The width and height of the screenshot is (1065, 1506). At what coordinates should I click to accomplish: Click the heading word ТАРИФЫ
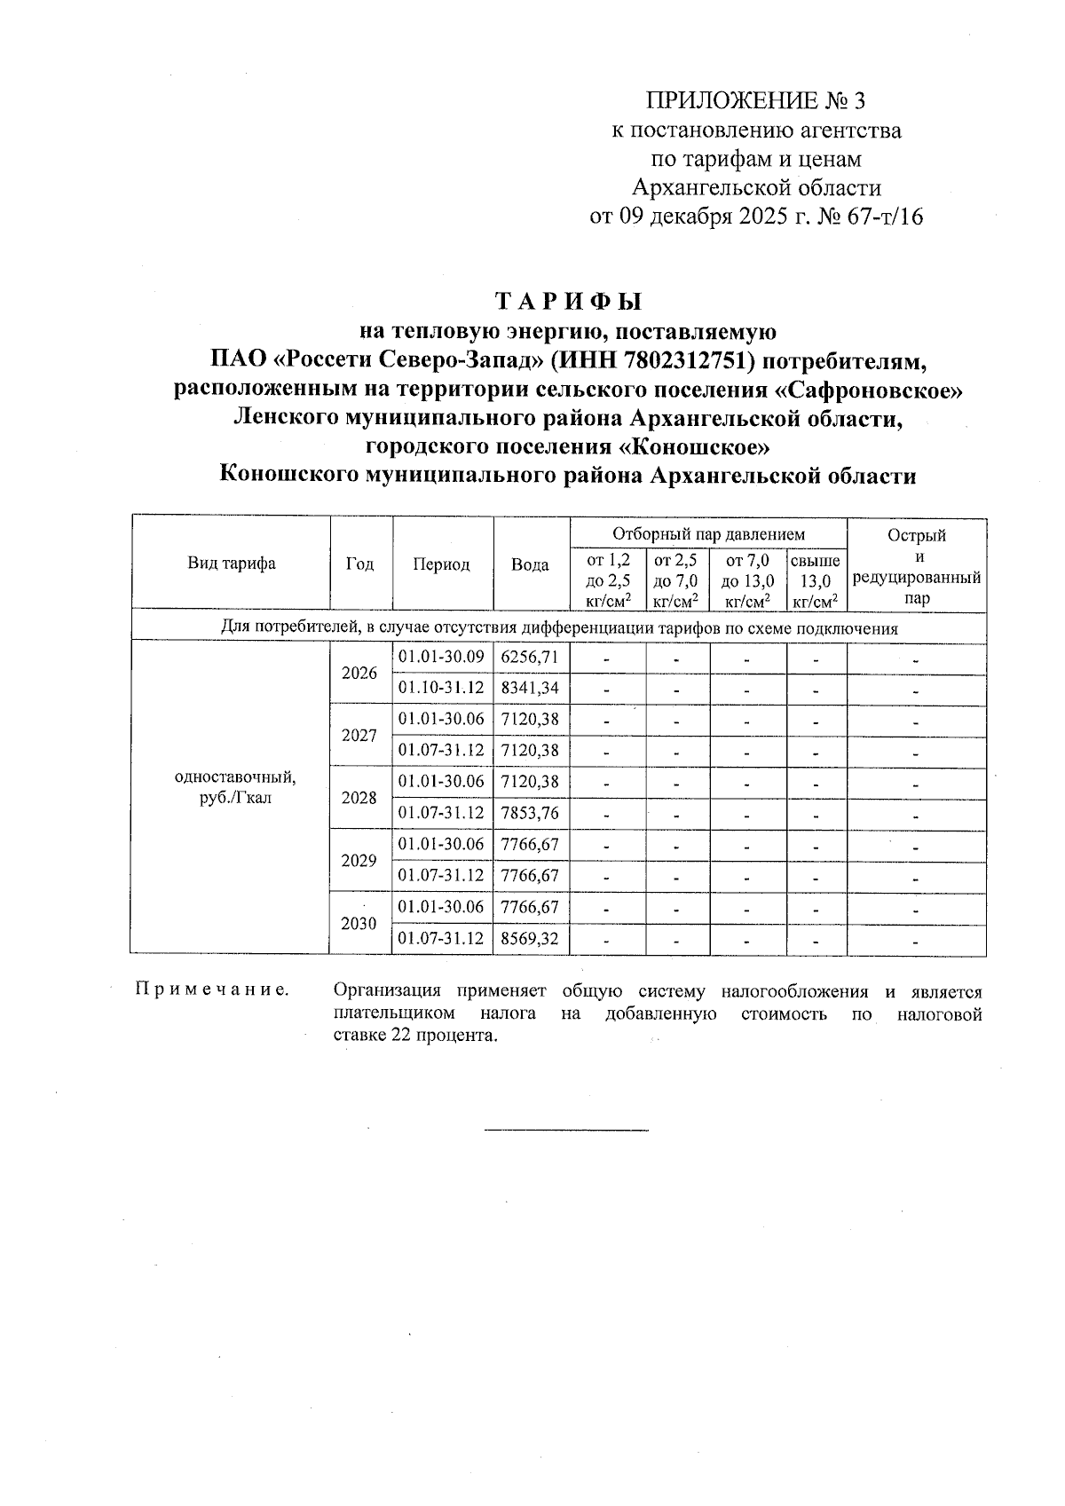pyautogui.click(x=568, y=302)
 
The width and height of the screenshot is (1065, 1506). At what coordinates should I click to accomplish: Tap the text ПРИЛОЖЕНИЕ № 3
pyautogui.click(x=755, y=100)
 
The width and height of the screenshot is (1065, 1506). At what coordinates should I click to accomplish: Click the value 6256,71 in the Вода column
pyautogui.click(x=530, y=658)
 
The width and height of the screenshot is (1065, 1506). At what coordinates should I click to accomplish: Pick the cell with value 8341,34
pyautogui.click(x=530, y=689)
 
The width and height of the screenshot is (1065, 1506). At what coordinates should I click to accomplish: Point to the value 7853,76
pyautogui.click(x=530, y=813)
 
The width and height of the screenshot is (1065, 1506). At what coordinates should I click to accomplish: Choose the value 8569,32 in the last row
pyautogui.click(x=530, y=938)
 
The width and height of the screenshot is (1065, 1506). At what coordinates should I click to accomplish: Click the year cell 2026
pyautogui.click(x=359, y=673)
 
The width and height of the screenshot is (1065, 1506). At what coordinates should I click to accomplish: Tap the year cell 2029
pyautogui.click(x=359, y=860)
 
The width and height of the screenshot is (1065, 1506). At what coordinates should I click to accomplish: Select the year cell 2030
pyautogui.click(x=359, y=923)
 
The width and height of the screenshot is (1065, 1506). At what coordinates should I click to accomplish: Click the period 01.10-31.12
pyautogui.click(x=441, y=689)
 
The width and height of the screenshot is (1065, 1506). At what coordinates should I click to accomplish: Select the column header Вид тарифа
pyautogui.click(x=231, y=564)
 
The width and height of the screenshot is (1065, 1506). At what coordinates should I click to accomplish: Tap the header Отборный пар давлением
pyautogui.click(x=708, y=534)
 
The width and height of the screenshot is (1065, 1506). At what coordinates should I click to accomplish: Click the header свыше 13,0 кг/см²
pyautogui.click(x=816, y=581)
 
